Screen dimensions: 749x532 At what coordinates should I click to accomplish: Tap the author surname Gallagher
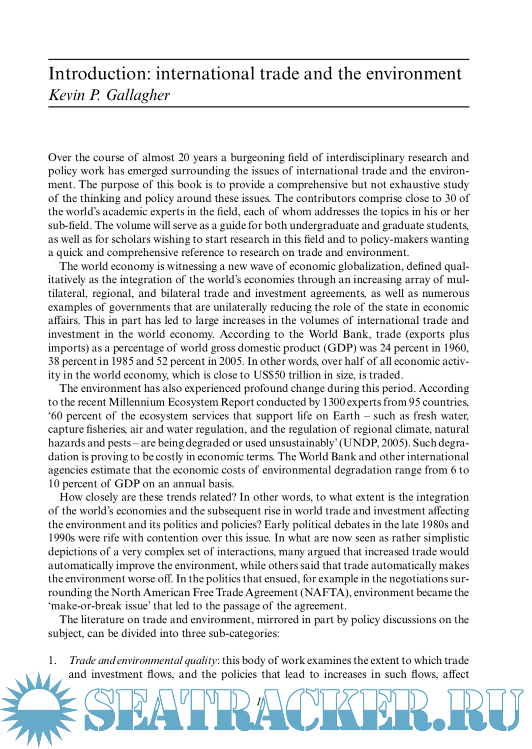(x=138, y=95)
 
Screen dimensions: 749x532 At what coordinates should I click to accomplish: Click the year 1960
(x=456, y=348)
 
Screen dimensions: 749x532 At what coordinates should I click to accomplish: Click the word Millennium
(x=139, y=402)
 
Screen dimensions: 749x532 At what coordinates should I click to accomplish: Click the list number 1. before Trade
(x=52, y=660)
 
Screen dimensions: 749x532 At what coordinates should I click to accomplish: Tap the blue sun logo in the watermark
(x=37, y=709)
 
